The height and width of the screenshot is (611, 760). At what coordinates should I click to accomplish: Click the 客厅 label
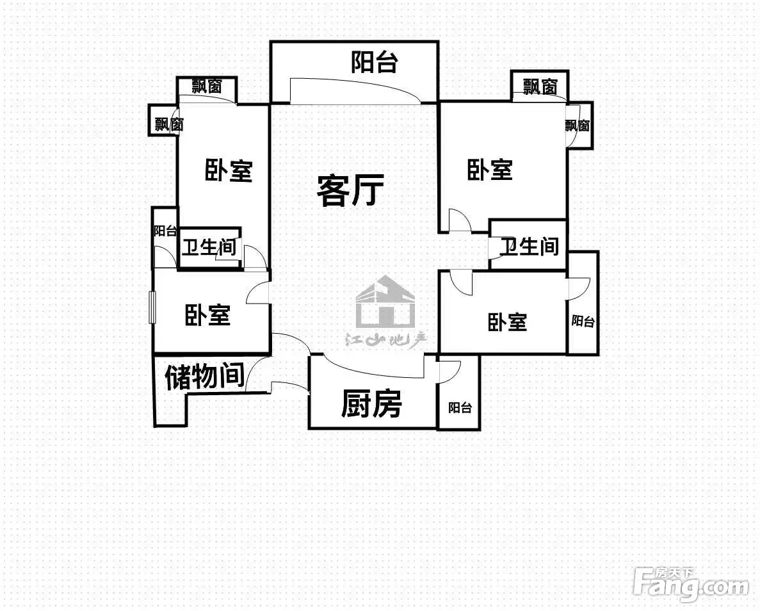pos(350,191)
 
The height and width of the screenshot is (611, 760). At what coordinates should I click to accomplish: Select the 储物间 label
pos(204,377)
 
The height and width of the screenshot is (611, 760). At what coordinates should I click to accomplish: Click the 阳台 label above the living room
pos(374,62)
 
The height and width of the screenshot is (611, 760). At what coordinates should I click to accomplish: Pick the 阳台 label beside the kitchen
pos(460,407)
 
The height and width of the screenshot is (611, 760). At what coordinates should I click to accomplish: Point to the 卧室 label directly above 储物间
pos(207,314)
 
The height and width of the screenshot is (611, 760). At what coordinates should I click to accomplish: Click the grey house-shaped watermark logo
pos(385,303)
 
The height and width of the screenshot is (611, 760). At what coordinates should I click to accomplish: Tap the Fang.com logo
pos(691,585)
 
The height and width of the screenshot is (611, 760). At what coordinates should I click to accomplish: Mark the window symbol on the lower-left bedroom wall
pos(152,307)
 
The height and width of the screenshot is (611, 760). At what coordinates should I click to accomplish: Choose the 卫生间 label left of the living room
pos(209,247)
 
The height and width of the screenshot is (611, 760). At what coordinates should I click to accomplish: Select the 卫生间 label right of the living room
pos(529,247)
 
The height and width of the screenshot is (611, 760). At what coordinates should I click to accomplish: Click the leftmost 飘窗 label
pos(169,124)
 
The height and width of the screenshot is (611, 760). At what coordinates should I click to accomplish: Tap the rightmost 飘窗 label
pos(578,125)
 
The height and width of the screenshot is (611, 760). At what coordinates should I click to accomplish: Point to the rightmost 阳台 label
pos(583,321)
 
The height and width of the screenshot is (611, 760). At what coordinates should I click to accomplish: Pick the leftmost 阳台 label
pos(165,231)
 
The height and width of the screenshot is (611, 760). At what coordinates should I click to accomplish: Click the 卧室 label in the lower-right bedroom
pos(507,323)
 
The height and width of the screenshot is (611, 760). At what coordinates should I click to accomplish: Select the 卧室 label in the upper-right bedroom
pos(490,170)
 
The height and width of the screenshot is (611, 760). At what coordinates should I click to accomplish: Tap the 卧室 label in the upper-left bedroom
pos(229,171)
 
